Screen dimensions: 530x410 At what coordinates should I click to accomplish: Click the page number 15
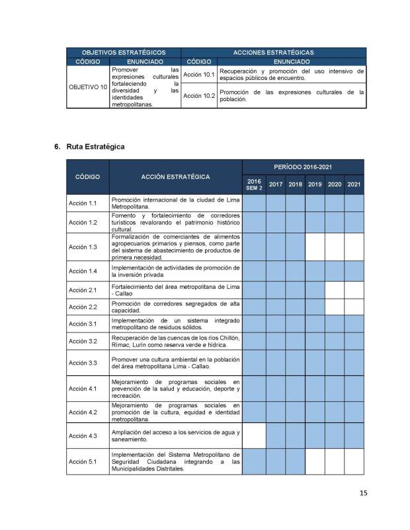(363, 492)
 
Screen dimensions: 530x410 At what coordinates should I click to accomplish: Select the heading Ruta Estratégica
(94, 146)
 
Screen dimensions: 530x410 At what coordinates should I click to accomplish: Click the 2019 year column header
(314, 184)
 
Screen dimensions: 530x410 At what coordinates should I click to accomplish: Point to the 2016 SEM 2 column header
(255, 184)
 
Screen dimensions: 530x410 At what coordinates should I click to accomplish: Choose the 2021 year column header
(354, 184)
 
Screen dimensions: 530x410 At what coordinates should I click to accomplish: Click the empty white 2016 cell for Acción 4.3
(255, 436)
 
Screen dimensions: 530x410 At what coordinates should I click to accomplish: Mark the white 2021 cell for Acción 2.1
(354, 289)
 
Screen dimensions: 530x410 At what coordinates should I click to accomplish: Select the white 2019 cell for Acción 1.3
(314, 247)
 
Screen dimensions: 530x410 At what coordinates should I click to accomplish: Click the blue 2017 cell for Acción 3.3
(276, 363)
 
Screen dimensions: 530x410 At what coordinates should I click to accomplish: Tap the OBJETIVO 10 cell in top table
(88, 87)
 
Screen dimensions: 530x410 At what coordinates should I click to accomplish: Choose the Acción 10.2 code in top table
(199, 96)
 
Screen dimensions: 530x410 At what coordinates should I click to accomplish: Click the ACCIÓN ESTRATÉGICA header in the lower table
(175, 176)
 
